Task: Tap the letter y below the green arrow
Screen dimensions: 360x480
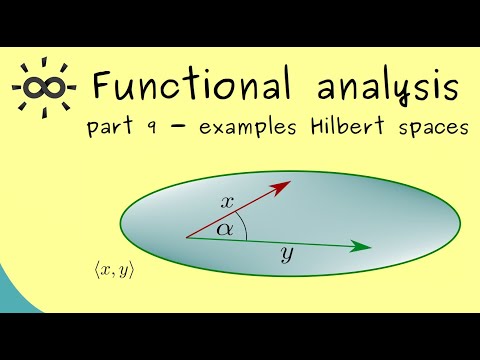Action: [x=286, y=257]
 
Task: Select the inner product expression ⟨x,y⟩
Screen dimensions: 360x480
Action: [x=112, y=270]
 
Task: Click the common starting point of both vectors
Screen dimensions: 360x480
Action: [x=187, y=237]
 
